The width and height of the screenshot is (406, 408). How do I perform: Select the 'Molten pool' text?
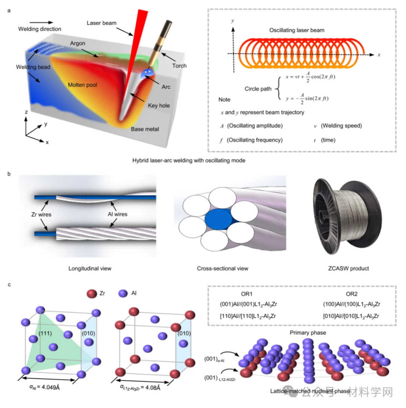[82, 85]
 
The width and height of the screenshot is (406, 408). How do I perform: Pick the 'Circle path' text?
[257, 89]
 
